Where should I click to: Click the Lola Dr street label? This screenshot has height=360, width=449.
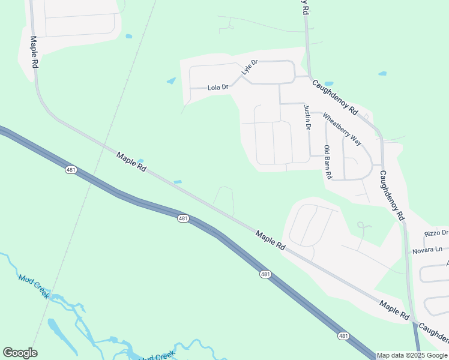[x=218, y=88]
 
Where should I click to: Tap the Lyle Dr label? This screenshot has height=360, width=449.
[x=249, y=67]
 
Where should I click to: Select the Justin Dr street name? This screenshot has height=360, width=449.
[x=307, y=118]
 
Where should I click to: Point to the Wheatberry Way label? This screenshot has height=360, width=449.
[x=342, y=129]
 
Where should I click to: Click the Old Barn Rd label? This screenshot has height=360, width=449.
[x=328, y=163]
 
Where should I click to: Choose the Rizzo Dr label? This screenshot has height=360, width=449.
[x=436, y=233]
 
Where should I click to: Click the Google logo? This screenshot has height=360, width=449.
[x=20, y=353]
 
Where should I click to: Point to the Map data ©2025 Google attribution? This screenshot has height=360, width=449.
[x=412, y=355]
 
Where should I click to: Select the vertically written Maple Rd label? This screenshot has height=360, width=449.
[x=34, y=52]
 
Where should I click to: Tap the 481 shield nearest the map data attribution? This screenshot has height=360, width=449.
[x=343, y=336]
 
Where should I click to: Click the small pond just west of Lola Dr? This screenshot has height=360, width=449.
[x=171, y=81]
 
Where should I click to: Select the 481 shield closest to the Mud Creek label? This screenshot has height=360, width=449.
[x=71, y=170]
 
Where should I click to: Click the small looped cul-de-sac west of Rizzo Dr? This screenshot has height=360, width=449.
[x=361, y=226]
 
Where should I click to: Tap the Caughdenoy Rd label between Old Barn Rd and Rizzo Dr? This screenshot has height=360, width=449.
[x=392, y=196]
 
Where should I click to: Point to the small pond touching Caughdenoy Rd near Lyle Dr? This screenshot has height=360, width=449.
[x=328, y=83]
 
